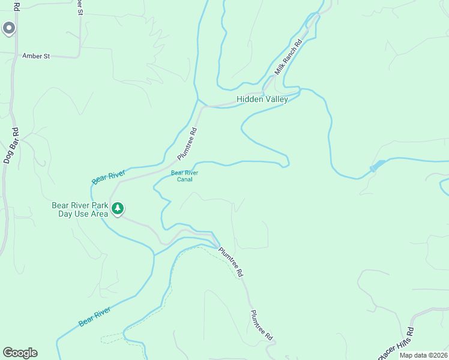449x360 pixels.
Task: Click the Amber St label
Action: (35, 56)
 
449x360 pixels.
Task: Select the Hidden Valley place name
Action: (262, 99)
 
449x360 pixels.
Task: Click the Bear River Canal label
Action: (184, 176)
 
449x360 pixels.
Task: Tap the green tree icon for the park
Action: (118, 208)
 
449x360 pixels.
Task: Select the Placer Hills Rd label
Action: (396, 344)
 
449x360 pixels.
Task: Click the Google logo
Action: (20, 353)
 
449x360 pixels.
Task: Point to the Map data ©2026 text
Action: (423, 355)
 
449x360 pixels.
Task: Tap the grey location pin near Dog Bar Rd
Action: (8, 28)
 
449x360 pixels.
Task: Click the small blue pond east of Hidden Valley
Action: (378, 165)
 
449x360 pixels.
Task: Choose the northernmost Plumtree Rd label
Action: (187, 143)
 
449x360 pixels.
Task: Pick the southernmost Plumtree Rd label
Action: (261, 326)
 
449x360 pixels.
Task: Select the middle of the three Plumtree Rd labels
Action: (231, 262)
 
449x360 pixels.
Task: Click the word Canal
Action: (184, 179)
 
